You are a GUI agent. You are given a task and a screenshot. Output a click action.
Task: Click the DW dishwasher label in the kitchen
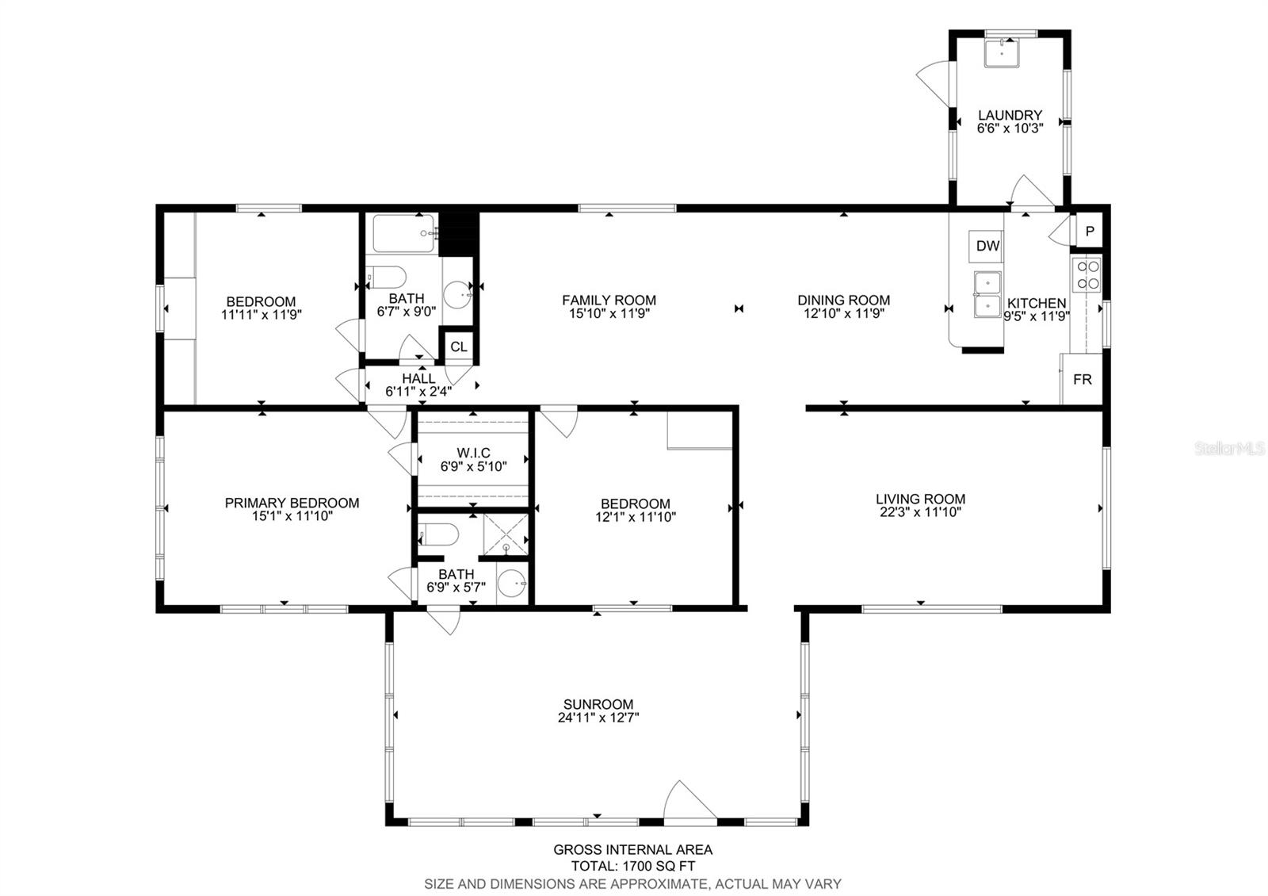(987, 246)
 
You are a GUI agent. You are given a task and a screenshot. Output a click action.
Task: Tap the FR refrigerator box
(1081, 380)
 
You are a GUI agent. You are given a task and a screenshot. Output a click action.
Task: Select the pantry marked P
(1089, 231)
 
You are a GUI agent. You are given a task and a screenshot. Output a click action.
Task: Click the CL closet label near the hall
(459, 347)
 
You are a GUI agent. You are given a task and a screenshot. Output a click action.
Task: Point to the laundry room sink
(1002, 52)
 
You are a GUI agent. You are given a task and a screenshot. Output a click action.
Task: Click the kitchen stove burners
(1087, 274)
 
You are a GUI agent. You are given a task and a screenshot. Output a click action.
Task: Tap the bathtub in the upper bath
(404, 233)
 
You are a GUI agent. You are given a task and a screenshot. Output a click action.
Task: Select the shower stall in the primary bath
(506, 534)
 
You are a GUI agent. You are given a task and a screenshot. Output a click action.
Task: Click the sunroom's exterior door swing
(689, 800)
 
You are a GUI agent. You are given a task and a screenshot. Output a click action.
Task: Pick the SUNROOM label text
(598, 704)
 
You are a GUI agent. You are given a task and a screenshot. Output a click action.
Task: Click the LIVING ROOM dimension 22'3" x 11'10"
(920, 512)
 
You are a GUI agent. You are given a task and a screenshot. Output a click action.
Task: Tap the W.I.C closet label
(473, 453)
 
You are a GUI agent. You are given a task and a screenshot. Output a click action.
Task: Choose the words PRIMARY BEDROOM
(292, 503)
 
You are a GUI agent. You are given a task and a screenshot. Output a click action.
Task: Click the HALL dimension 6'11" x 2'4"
(418, 392)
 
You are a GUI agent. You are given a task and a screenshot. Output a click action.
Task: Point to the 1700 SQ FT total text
(659, 866)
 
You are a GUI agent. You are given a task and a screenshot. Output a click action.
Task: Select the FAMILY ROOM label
(609, 301)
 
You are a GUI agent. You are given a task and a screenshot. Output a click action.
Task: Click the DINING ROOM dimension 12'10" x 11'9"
(843, 313)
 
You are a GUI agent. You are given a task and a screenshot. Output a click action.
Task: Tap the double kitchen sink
(987, 294)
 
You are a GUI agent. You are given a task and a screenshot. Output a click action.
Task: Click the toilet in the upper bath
(387, 278)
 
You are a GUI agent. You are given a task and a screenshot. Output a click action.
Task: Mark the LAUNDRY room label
(1010, 115)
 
